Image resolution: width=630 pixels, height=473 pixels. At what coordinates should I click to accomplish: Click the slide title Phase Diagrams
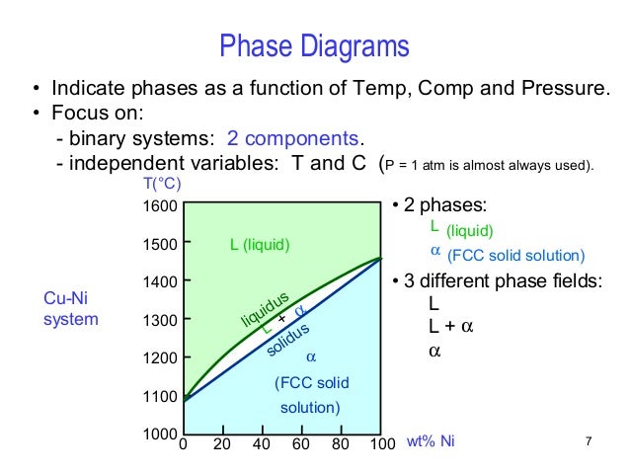click(x=314, y=45)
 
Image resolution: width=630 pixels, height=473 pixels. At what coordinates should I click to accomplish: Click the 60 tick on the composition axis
click(x=300, y=443)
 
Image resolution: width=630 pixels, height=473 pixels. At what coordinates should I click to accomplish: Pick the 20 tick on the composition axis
click(x=221, y=443)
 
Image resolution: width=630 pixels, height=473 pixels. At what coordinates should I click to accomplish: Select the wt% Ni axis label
click(x=432, y=443)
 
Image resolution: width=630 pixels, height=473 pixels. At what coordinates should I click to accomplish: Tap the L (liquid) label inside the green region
click(x=261, y=244)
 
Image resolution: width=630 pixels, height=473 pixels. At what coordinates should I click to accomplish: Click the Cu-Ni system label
click(x=71, y=308)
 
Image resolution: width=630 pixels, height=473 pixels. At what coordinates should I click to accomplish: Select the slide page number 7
click(x=588, y=441)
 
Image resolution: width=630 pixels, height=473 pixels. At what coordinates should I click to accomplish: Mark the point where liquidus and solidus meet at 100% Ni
click(x=380, y=259)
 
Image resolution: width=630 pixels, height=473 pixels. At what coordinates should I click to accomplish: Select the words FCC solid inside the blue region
click(x=311, y=383)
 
